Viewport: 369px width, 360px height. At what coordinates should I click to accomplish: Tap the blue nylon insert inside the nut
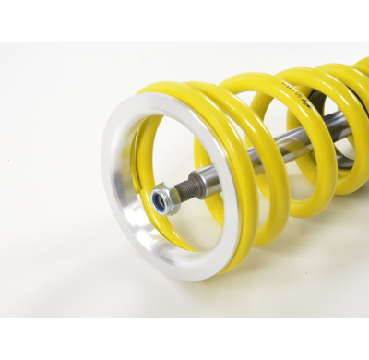pos(162,199)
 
